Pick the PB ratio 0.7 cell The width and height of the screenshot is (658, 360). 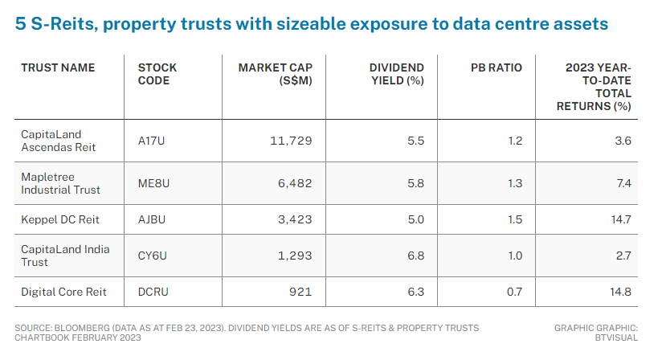click(x=513, y=291)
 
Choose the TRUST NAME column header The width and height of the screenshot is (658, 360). click(x=58, y=67)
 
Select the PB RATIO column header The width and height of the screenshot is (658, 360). click(x=496, y=67)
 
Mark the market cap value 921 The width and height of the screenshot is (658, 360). click(x=300, y=291)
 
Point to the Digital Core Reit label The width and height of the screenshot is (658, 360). click(x=63, y=291)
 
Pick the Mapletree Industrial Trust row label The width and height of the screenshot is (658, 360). click(x=60, y=183)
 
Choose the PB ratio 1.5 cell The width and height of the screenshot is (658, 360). click(x=514, y=217)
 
